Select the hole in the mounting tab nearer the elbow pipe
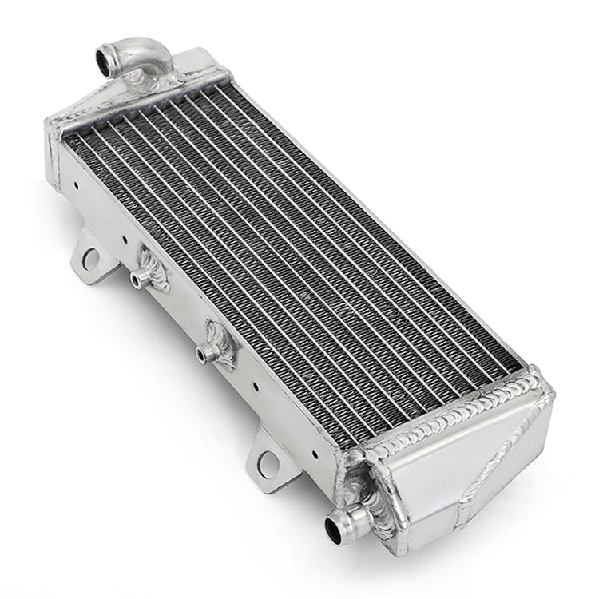pyautogui.click(x=90, y=258)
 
